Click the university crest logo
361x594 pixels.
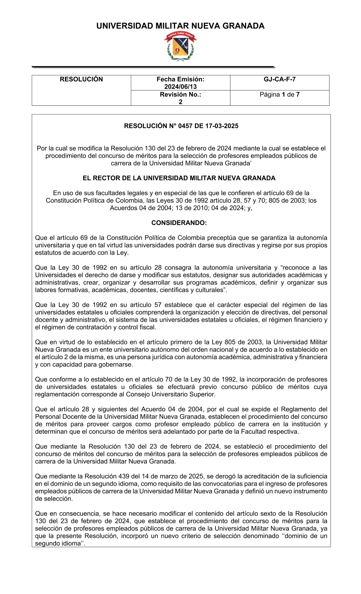pos(180,46)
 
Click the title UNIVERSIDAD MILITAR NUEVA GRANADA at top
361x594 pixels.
pos(180,26)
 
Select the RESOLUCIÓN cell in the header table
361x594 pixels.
pos(81,79)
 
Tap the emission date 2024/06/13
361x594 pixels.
pos(180,87)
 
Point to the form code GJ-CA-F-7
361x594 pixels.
pos(279,79)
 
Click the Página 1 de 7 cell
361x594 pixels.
pos(279,94)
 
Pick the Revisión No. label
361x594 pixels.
pos(180,94)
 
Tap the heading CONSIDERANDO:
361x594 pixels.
pos(179,223)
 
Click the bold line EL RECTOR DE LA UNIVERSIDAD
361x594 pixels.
pos(179,178)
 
